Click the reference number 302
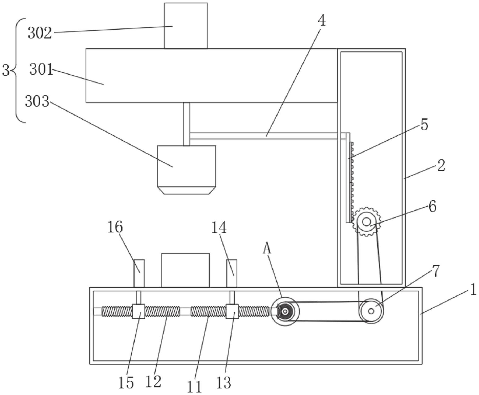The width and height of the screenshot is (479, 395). coord(40,33)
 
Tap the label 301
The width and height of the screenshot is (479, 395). coord(41,69)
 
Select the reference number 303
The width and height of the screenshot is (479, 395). coord(37,101)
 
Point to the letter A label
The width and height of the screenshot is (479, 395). coord(267,249)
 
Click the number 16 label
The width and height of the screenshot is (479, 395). coord(115,227)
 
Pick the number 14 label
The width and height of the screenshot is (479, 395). coord(219,228)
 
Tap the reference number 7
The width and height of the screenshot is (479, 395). coord(435,271)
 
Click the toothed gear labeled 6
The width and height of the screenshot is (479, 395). coord(367,222)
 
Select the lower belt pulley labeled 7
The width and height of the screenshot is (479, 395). coord(371,311)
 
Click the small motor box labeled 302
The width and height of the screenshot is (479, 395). coord(186,26)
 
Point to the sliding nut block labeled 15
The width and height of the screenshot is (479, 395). coord(138,311)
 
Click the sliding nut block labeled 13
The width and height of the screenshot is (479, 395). coord(232,311)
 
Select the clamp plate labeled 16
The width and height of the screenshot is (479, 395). coord(139,273)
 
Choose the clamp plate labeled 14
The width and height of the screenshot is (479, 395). coord(232,273)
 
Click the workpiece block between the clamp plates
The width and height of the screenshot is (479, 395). coord(185,270)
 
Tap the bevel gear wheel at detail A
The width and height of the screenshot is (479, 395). coord(285,311)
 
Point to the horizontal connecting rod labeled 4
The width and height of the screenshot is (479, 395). coord(266,136)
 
